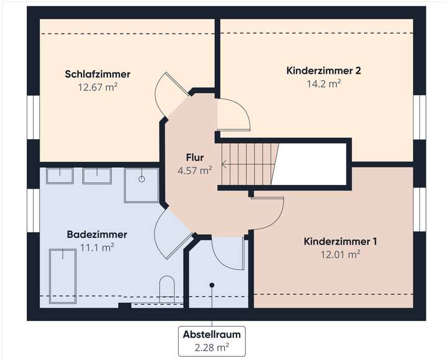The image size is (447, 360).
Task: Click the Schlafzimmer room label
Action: [97, 74]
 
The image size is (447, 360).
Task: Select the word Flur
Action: [194, 157]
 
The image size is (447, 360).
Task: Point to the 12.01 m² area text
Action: [341, 254]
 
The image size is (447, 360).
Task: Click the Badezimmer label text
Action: [97, 235]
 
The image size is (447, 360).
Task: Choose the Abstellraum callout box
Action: [211, 340]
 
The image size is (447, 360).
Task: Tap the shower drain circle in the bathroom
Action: [142, 179]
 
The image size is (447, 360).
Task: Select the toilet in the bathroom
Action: [168, 290]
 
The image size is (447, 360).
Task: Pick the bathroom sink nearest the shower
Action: [97, 176]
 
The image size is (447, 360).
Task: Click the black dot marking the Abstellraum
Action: [212, 285]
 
